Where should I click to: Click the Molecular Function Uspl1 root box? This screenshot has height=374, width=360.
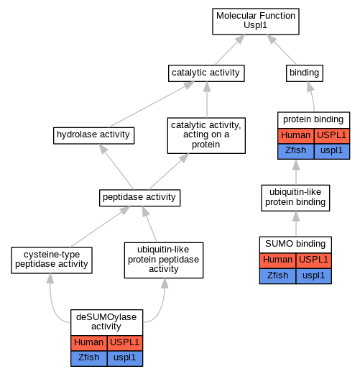coord(256,22)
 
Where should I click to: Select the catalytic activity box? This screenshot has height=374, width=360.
coord(206,73)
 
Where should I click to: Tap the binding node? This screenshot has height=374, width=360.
coord(305,73)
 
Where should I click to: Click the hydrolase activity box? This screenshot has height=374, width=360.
coord(93,135)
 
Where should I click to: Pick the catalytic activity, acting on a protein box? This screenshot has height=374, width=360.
coord(206,135)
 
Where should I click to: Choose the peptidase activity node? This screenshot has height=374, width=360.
coord(139,198)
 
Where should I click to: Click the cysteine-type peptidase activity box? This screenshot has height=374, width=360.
coord(52,260)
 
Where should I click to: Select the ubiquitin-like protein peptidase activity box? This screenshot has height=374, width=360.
coord(164,260)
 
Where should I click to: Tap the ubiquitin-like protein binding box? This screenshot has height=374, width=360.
coord(295,198)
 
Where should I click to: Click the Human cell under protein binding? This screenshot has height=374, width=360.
coord(296,136)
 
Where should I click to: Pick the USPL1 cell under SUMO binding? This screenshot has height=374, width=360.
coord(314,260)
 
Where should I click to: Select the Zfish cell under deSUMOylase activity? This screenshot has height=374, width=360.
coord(89,358)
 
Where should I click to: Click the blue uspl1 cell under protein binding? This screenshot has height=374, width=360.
coord(332,151)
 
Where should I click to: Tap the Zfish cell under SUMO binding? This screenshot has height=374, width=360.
coord(277,276)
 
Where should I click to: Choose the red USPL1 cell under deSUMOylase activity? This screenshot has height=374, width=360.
coord(125,343)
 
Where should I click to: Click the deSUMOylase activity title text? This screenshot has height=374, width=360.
coord(106,321)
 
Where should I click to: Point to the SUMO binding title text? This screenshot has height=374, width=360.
coord(295,244)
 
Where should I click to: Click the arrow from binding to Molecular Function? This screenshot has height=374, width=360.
coord(282,50)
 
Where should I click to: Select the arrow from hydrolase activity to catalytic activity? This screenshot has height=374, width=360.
coord(152,104)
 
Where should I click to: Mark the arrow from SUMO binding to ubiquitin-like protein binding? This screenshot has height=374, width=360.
coord(296,224)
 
